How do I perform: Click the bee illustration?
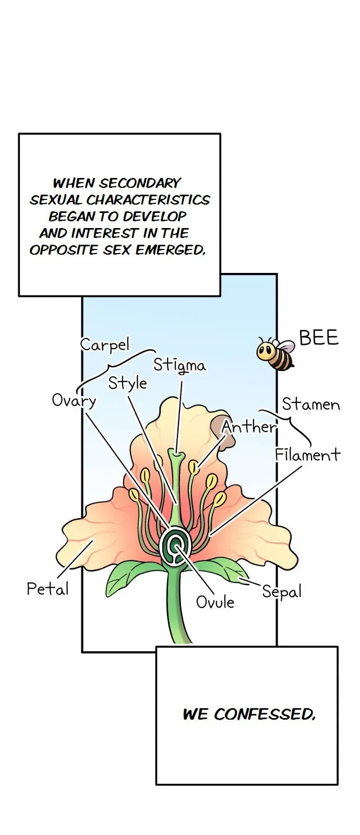pos(275,353)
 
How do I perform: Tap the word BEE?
pos(319,337)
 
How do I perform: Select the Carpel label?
pos(105,345)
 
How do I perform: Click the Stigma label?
pos(179,365)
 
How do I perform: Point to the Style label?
pos(127,384)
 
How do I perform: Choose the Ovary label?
pos(74,401)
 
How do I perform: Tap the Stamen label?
pos(311,404)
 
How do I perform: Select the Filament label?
pos(307,455)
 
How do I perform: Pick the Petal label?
pos(47,589)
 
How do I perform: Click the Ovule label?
pos(215,602)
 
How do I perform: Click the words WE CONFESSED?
pos(249,714)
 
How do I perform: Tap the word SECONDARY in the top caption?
pos(140,183)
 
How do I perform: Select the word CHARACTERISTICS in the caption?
pos(148,200)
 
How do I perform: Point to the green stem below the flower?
pos(177,604)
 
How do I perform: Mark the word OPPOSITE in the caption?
pos(63,250)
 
